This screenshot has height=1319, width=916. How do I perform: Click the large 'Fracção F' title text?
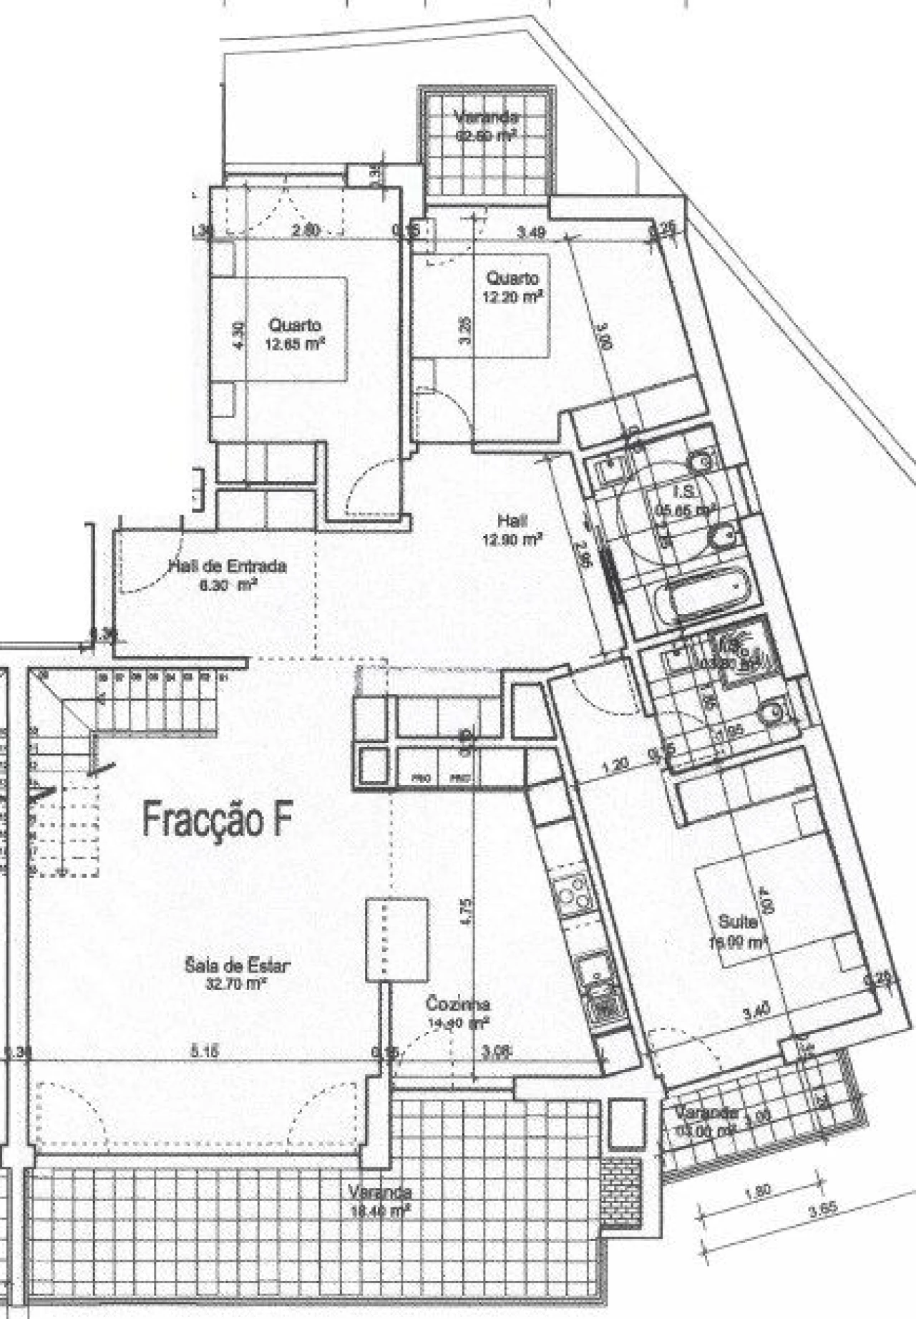pos(216,819)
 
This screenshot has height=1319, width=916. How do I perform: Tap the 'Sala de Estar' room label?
pos(238,966)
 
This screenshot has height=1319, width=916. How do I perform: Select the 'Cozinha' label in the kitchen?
pos(457,1004)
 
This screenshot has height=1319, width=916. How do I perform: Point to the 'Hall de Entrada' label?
pos(228,566)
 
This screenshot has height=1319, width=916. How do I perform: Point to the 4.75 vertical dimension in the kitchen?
pos(467,912)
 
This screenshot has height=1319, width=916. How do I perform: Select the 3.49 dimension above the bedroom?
pos(531,231)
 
